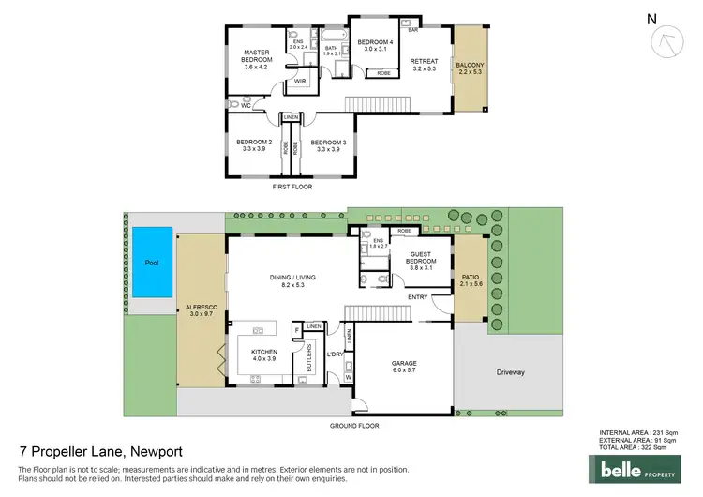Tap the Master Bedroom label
click(256, 59)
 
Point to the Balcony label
click(470, 68)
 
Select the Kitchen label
click(265, 354)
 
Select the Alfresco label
click(201, 310)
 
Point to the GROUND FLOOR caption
click(354, 426)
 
